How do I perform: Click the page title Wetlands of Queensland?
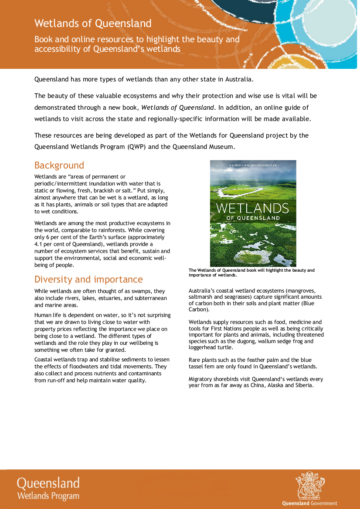(x=93, y=23)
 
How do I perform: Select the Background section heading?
(x=59, y=165)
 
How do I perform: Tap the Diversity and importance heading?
(x=88, y=279)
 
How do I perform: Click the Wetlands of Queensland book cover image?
(x=253, y=213)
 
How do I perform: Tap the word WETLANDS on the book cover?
(x=252, y=208)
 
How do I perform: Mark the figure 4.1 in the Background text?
(x=39, y=244)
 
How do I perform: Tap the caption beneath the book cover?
(x=251, y=273)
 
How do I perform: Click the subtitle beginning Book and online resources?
(x=137, y=44)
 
